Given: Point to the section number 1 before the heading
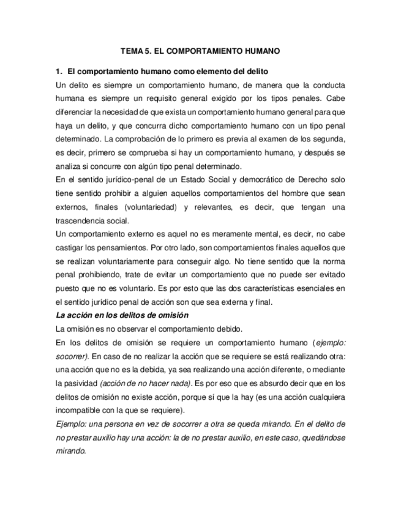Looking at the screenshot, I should click(58, 71).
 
